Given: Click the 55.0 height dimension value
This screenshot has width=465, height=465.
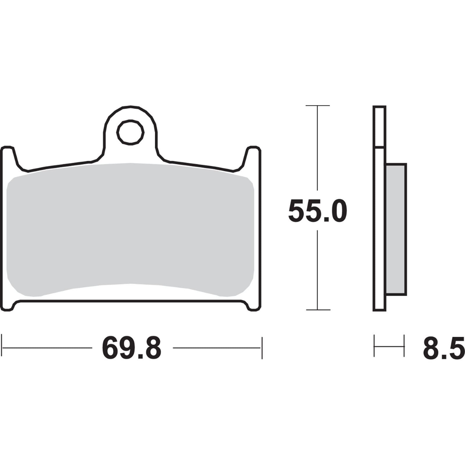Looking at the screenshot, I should (x=317, y=211).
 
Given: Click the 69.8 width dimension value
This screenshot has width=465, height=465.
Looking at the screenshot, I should (x=131, y=348).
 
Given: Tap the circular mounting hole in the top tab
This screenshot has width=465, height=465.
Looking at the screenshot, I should (x=130, y=132).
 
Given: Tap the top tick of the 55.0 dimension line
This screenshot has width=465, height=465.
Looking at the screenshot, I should (x=318, y=105).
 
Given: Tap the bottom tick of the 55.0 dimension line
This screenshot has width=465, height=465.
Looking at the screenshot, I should (x=318, y=310).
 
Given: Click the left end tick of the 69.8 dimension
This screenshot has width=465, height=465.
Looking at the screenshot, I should (x=2, y=348).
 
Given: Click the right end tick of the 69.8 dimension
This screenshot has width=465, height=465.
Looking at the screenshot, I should (x=262, y=348).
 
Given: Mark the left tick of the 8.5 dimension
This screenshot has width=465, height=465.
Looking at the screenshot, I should (x=374, y=346).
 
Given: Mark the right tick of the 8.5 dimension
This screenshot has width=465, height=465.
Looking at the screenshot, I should (x=404, y=346).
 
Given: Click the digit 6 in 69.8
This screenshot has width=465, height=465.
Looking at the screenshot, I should (x=111, y=348).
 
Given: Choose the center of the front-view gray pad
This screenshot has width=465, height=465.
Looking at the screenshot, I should (x=130, y=230).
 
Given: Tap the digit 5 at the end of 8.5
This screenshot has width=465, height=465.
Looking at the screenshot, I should (x=454, y=348).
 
